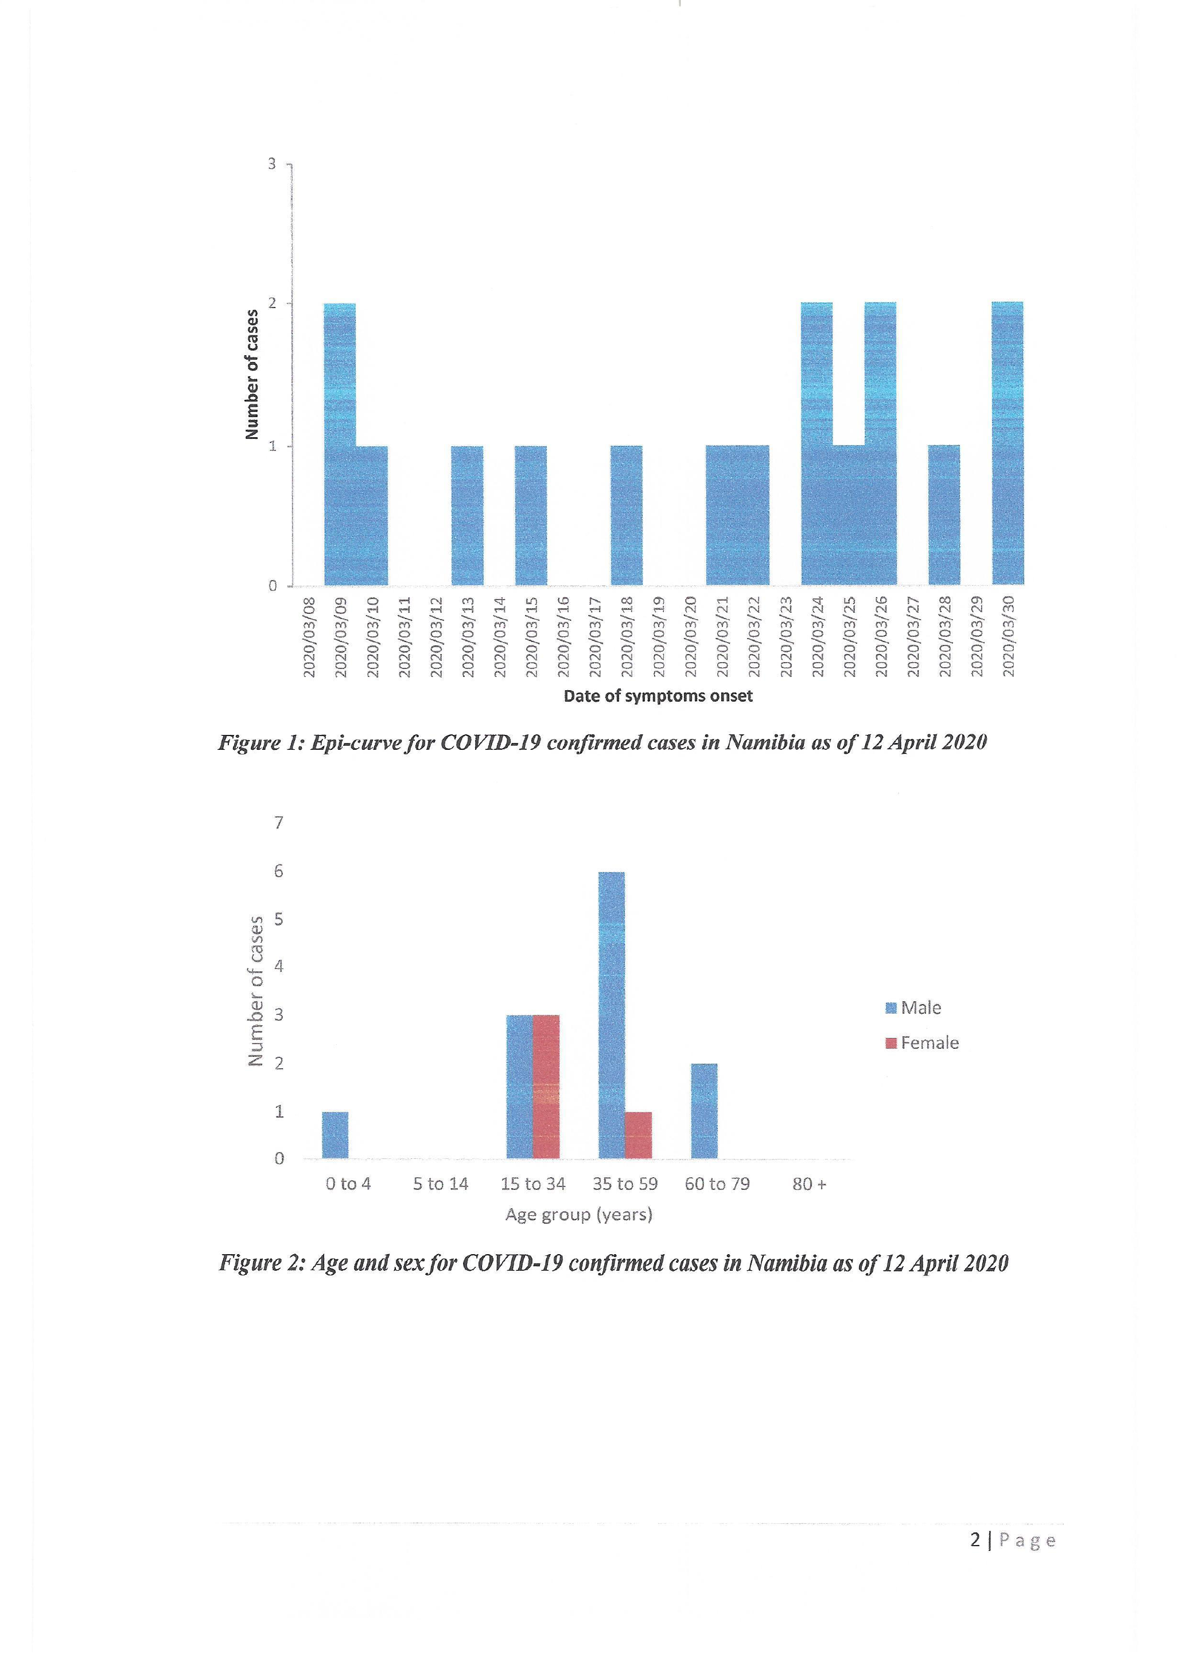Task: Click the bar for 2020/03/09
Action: coord(340,444)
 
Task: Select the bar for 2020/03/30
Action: coord(1007,443)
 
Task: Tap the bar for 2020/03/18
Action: coord(626,515)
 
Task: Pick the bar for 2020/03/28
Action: coord(943,515)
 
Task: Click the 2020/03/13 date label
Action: coord(468,636)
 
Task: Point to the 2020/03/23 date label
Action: coord(786,636)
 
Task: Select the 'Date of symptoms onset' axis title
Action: coord(658,696)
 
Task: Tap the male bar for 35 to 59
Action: coord(611,1015)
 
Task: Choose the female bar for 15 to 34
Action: coord(546,1086)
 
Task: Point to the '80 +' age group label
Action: coord(809,1184)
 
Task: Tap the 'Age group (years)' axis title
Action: coord(578,1215)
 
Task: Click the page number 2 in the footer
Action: coord(975,1540)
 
